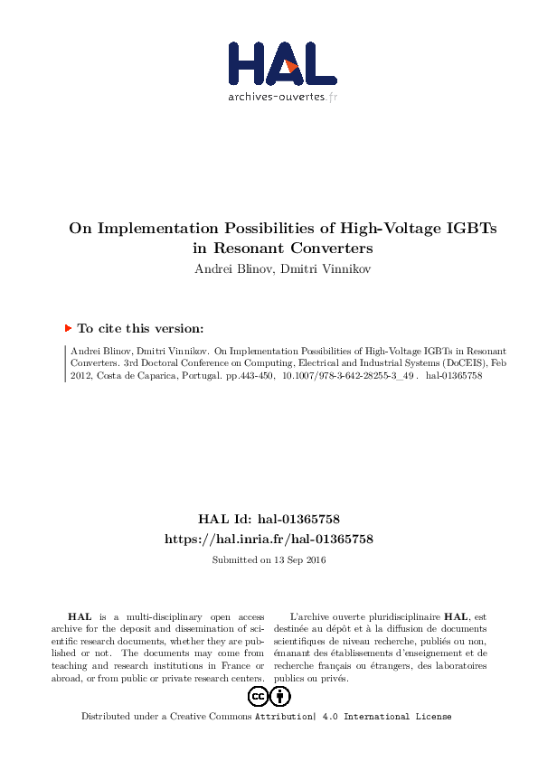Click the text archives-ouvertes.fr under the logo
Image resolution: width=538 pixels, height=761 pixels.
pyautogui.click(x=282, y=96)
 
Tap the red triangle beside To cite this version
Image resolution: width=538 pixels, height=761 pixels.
pyautogui.click(x=68, y=330)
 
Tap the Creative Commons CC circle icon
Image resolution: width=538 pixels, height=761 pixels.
pyautogui.click(x=258, y=696)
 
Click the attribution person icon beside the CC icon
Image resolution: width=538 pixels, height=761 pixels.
pyautogui.click(x=280, y=696)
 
